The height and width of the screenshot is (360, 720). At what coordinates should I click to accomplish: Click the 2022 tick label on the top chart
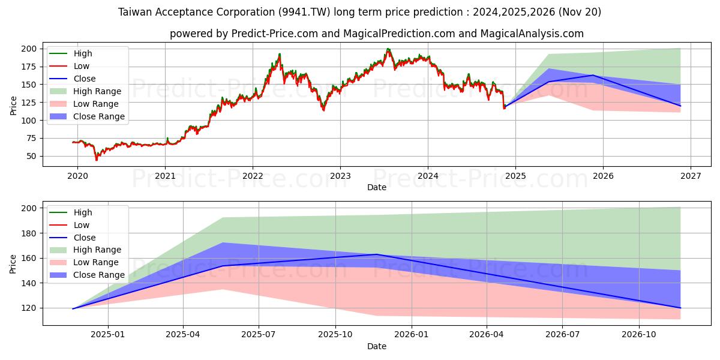[253, 176]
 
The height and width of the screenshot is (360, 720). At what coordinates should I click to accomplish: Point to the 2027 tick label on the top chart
[690, 176]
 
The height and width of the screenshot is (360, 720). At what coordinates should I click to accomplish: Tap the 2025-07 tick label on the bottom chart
[259, 334]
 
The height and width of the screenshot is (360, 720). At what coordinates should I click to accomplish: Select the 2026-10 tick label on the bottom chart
[639, 334]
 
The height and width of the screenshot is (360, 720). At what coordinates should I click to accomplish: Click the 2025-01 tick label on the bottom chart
[107, 334]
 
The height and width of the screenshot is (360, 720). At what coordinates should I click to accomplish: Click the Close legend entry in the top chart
[85, 79]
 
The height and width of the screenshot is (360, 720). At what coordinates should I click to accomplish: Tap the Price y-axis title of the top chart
[13, 105]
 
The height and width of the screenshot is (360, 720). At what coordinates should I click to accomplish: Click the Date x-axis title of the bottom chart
[376, 346]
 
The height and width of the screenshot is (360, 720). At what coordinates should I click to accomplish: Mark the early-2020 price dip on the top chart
[96, 159]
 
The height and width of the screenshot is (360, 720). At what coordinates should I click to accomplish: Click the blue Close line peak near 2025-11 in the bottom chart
[377, 254]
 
